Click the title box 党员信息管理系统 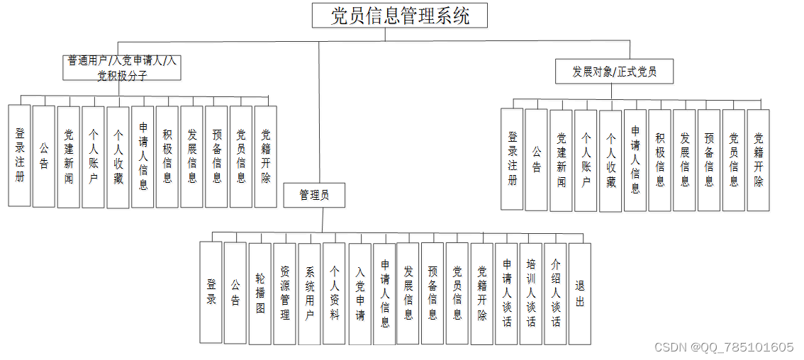[400, 15]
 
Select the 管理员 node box [314, 196]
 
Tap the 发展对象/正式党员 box [614, 72]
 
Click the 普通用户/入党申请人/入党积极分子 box [122, 68]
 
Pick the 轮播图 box [260, 293]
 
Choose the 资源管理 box [285, 293]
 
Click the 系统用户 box [310, 293]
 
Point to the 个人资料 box [335, 293]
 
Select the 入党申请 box [360, 293]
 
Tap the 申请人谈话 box [507, 293]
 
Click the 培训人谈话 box [531, 293]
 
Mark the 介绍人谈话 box [556, 293]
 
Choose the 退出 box [580, 293]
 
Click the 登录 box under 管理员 [211, 292]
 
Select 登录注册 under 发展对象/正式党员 [512, 159]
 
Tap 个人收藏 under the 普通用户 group [118, 157]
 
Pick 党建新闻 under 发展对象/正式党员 [562, 160]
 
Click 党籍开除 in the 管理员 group [482, 293]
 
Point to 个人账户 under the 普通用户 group [94, 157]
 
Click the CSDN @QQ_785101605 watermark [724, 347]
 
